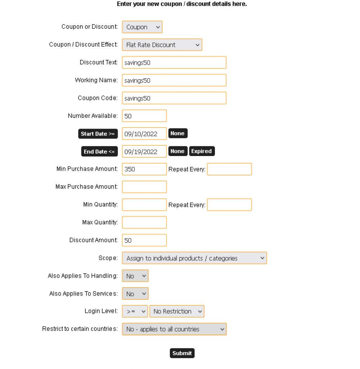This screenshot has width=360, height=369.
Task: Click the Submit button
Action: (182, 353)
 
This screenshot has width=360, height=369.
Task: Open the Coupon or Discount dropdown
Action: (142, 27)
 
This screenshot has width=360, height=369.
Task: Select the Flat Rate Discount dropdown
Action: (162, 45)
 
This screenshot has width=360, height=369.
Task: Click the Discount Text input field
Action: (174, 62)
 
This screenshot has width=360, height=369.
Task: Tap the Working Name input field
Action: (174, 80)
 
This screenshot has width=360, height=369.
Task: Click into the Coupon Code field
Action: (174, 98)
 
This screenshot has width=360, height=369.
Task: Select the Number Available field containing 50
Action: (144, 116)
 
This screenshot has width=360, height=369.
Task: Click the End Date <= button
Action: (99, 152)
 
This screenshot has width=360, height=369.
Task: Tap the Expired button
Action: (202, 151)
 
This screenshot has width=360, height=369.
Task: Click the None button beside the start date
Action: (177, 133)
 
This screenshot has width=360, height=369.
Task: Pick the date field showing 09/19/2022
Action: (144, 152)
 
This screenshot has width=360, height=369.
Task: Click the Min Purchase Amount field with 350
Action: (144, 169)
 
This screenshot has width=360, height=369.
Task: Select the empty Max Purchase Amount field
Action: (144, 187)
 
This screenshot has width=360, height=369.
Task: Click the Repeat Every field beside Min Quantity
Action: (229, 205)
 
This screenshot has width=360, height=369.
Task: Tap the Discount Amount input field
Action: (144, 240)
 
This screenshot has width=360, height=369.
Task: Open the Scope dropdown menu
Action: (194, 258)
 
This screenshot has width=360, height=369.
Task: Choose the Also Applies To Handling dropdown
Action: (135, 276)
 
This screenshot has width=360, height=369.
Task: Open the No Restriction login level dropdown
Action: (177, 311)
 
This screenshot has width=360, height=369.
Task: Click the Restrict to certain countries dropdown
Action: (174, 329)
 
